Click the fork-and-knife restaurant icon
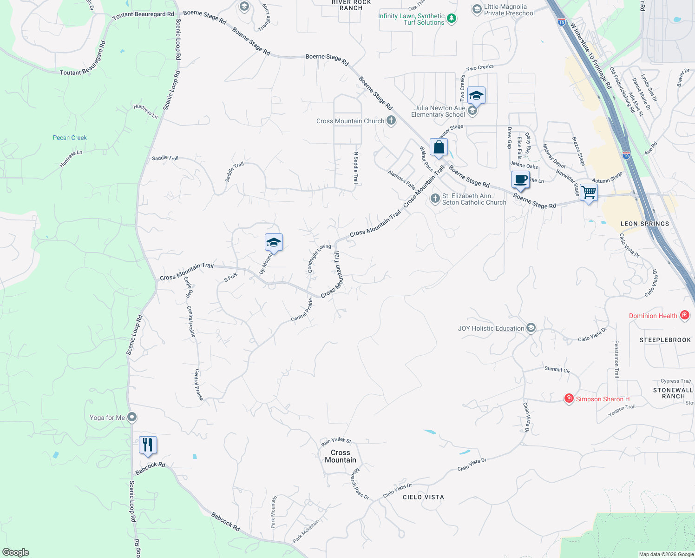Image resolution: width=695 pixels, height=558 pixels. pyautogui.click(x=148, y=445)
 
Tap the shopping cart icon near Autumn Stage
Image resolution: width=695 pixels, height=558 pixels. pyautogui.click(x=589, y=192)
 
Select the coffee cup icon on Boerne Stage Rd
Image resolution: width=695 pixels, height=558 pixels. pyautogui.click(x=520, y=179)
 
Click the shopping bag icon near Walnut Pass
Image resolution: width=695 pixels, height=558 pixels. pyautogui.click(x=439, y=147)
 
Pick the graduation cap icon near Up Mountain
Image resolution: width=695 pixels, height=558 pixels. pyautogui.click(x=274, y=242)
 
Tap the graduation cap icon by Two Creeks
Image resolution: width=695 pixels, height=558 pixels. pyautogui.click(x=476, y=95)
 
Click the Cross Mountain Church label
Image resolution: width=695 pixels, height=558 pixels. pyautogui.click(x=350, y=121)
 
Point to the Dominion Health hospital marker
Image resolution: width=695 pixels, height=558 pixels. pyautogui.click(x=684, y=315)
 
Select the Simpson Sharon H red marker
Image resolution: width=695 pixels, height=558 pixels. pyautogui.click(x=569, y=399)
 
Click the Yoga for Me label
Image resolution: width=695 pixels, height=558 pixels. pyautogui.click(x=107, y=418)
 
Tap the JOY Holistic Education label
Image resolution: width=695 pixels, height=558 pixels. pyautogui.click(x=491, y=328)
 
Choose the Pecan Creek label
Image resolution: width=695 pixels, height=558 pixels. pyautogui.click(x=70, y=138)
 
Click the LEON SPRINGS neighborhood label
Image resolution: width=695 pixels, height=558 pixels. pyautogui.click(x=645, y=224)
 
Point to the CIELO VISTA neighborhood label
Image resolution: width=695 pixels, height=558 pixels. pyautogui.click(x=423, y=497)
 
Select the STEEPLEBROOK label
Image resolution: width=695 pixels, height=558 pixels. pyautogui.click(x=665, y=340)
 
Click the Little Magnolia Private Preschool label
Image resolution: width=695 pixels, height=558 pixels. pyautogui.click(x=509, y=10)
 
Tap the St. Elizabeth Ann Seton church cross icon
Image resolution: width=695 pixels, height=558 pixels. pyautogui.click(x=435, y=199)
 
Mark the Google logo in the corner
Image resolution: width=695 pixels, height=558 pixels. pyautogui.click(x=16, y=552)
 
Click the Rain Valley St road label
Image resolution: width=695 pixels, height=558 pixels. pyautogui.click(x=336, y=441)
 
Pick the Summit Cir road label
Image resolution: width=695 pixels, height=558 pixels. pyautogui.click(x=557, y=369)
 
